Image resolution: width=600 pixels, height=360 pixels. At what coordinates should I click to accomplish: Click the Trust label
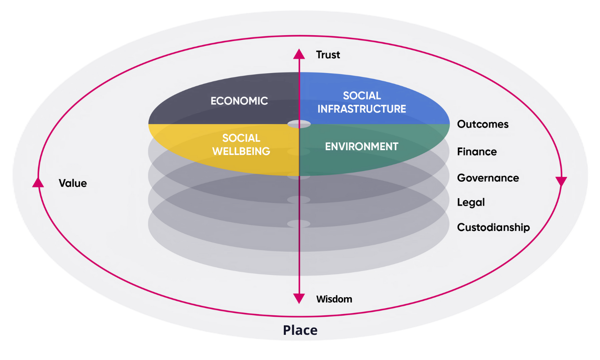pos(328,55)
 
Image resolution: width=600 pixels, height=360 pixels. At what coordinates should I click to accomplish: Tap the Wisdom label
pos(334,299)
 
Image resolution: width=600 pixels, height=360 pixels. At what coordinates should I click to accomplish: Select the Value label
pos(73,183)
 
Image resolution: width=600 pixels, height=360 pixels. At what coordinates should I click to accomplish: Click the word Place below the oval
pos(300,330)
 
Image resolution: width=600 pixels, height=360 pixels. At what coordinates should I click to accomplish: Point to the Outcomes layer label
pos(482,124)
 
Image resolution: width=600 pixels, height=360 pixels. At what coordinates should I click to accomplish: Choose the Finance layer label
pos(476,152)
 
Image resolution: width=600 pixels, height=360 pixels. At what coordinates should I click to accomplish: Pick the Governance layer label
pos(488,178)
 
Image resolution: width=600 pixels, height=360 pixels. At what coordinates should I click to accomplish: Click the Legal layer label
pos(470,203)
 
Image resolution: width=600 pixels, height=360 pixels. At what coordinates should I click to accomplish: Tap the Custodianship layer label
pos(493,227)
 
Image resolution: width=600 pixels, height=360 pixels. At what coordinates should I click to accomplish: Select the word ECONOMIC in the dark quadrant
pos(239,101)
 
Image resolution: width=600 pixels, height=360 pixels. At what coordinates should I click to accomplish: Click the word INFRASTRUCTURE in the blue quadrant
pos(361,109)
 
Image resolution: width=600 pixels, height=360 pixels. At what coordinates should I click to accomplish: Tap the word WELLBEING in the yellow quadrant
pos(241,151)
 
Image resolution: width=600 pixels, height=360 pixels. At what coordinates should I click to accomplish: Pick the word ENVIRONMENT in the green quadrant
pos(361,147)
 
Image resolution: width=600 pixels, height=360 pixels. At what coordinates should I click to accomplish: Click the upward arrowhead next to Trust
pos(299,54)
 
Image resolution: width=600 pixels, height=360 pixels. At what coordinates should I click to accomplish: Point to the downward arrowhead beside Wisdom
pos(299,298)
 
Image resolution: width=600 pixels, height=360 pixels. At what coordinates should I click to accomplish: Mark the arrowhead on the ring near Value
pos(38,183)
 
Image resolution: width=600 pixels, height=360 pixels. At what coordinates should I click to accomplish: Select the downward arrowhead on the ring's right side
pos(561,181)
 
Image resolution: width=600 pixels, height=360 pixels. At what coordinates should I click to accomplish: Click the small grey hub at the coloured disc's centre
pos(299,124)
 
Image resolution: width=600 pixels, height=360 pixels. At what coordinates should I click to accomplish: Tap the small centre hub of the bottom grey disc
pos(299,224)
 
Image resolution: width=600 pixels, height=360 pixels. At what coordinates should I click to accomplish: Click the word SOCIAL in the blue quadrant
pos(362,96)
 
